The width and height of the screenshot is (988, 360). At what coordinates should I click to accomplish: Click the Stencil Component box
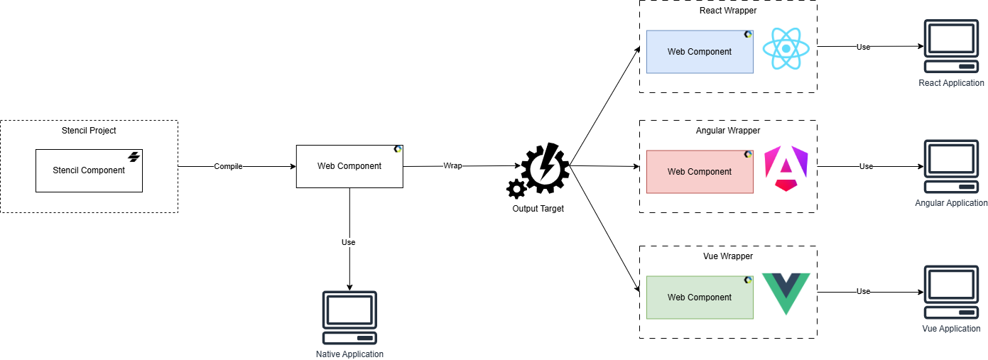point(89,170)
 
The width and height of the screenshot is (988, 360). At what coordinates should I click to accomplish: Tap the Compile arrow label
point(228,167)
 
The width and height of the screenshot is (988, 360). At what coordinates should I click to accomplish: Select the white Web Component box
point(349,166)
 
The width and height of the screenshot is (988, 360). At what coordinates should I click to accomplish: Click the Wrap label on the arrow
point(452,166)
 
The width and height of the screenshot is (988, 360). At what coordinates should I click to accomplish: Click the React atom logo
point(786,48)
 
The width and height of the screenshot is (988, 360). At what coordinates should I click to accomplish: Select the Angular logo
point(786,169)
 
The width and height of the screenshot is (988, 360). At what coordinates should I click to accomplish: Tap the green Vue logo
point(786,293)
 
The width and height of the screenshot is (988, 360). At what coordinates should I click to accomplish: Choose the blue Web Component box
point(699,52)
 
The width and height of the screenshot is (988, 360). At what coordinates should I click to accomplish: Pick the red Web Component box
point(699,172)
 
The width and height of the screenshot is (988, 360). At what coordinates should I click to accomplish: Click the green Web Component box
point(699,298)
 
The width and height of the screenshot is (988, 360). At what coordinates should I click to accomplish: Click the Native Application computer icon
point(349,317)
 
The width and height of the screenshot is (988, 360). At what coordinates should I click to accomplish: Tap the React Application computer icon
point(951,47)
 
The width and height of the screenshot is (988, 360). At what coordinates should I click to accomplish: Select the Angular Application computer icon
point(951,167)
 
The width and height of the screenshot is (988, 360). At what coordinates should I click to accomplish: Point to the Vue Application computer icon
point(951,293)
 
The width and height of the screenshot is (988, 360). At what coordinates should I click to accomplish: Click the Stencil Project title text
point(89,131)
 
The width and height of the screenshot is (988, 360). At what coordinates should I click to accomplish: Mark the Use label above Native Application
point(349,242)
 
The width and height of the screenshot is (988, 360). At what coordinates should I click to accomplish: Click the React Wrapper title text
point(728,11)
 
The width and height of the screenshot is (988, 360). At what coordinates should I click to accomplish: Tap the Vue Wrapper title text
point(728,256)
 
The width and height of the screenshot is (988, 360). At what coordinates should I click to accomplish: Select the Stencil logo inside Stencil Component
point(133,157)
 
